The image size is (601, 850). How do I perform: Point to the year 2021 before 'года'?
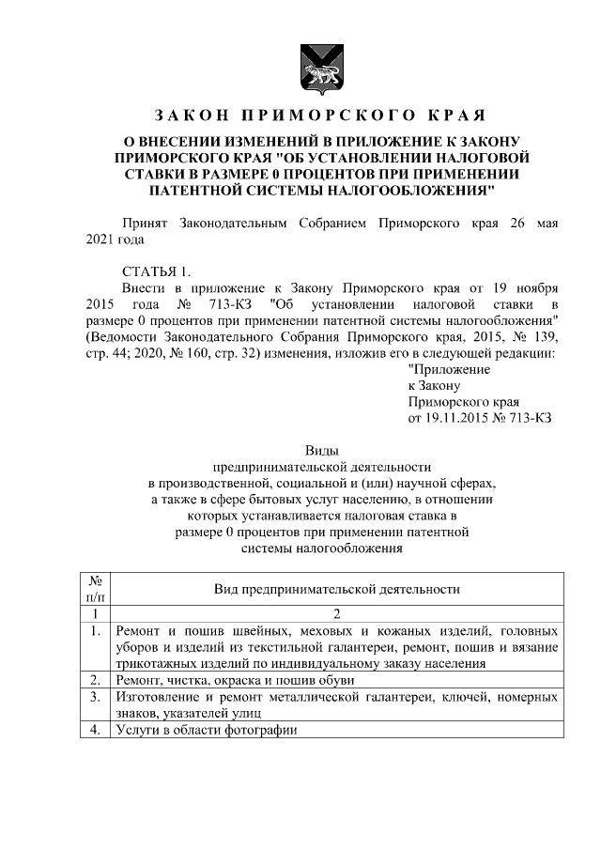[x=100, y=240]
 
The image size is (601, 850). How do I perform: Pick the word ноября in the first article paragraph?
[x=536, y=288]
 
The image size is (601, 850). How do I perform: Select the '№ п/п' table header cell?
[x=95, y=588]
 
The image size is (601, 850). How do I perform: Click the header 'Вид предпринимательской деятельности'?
[x=335, y=589]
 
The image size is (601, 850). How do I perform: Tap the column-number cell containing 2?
[x=335, y=613]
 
